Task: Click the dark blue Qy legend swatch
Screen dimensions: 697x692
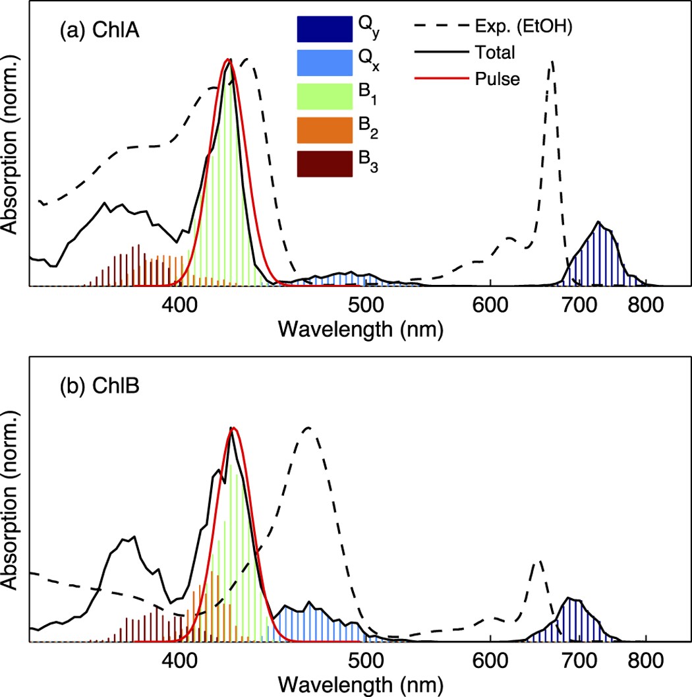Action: (x=322, y=29)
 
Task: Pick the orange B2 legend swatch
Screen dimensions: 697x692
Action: (x=322, y=130)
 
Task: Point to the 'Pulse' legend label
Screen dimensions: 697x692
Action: (x=497, y=79)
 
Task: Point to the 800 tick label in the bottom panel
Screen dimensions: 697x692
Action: (x=645, y=659)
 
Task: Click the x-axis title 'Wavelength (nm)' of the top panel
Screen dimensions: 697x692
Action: (x=360, y=328)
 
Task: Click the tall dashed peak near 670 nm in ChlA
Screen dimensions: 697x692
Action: (x=552, y=61)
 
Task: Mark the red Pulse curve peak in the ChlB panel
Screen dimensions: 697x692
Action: (x=233, y=429)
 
